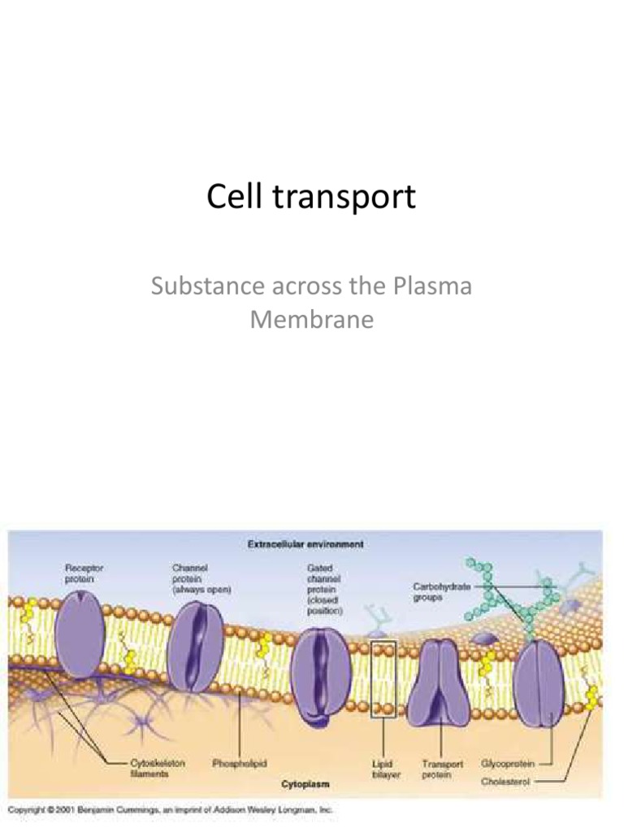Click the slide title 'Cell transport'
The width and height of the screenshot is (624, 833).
coord(311,197)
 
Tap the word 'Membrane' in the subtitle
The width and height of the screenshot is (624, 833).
coord(311,319)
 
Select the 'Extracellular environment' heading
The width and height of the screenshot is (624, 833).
coord(305,543)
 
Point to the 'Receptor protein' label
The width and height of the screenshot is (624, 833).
coord(84,574)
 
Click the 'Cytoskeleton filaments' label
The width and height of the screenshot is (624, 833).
coord(158,769)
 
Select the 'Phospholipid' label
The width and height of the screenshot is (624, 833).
coord(240,764)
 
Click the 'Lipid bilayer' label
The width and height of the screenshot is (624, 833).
coord(383,769)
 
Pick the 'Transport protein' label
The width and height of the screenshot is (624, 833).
coord(443,769)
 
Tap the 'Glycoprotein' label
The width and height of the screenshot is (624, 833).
coord(508,764)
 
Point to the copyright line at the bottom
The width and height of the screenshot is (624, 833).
coord(171,810)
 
